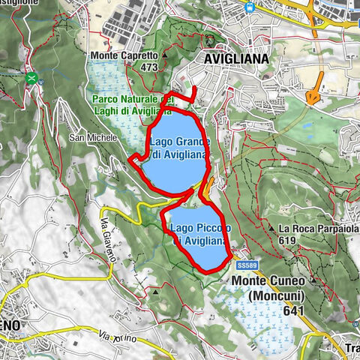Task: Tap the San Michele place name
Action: (x=93, y=138)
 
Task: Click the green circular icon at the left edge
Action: (x=31, y=77)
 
